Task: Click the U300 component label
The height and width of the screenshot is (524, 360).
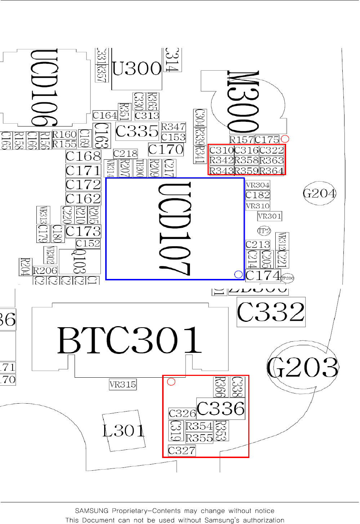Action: coord(137,68)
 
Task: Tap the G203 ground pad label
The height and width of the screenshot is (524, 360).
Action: coord(303,368)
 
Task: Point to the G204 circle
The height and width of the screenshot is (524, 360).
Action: coord(319,194)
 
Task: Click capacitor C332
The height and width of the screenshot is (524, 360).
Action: coord(271,312)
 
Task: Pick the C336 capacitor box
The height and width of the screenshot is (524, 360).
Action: coord(221,409)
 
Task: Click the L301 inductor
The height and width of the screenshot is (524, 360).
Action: coord(124,431)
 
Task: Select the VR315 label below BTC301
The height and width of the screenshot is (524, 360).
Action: coord(123,385)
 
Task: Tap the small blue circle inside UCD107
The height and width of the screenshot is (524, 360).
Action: coord(238,275)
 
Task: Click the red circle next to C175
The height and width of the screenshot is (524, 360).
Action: coord(285,139)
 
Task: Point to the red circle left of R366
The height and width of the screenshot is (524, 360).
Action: coord(171,382)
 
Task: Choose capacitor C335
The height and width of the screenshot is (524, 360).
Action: coord(137,131)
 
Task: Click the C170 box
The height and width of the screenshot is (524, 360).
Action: coord(166,149)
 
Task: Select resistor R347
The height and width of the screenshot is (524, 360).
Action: coord(173,127)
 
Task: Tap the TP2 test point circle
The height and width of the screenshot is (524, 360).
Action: coord(264,231)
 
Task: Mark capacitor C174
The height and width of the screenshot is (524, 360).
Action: coord(263,275)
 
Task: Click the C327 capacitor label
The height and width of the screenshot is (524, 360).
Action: coord(182,450)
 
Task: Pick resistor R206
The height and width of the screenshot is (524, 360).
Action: coord(45,271)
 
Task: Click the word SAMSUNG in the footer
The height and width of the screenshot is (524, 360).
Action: coord(92,511)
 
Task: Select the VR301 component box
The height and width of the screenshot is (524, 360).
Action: coord(270,216)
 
